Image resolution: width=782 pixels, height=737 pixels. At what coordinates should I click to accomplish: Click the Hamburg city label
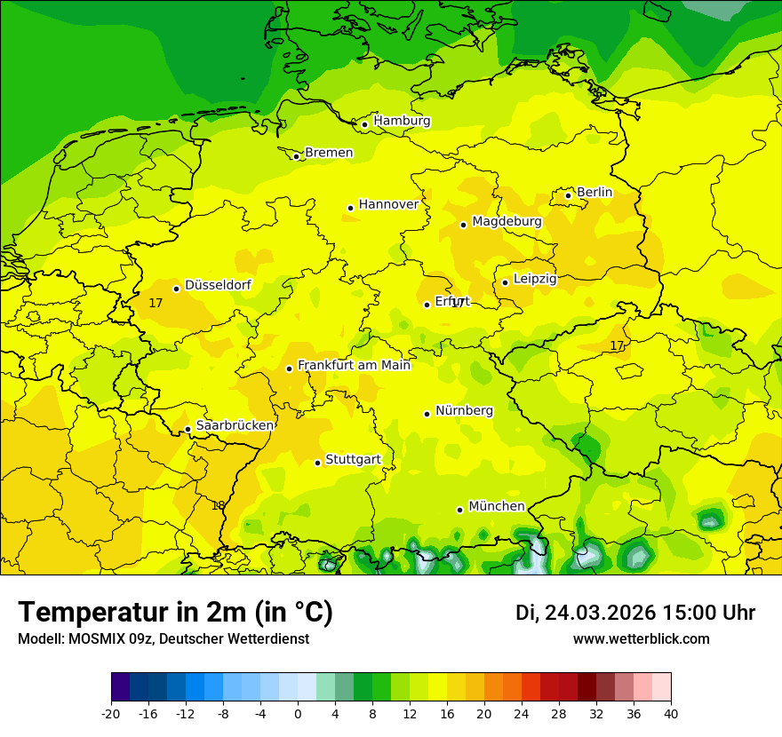[x=402, y=121]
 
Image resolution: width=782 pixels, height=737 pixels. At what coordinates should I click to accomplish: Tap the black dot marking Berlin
[x=569, y=195]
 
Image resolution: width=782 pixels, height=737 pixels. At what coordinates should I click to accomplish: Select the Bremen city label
[x=329, y=153]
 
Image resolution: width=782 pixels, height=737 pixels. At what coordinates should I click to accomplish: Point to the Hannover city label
[x=388, y=204]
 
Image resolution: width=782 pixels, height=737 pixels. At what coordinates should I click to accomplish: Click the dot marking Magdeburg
[x=464, y=225]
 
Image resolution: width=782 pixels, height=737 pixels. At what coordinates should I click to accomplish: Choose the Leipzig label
[x=535, y=279]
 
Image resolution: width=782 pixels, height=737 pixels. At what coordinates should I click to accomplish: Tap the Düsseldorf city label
[x=218, y=285]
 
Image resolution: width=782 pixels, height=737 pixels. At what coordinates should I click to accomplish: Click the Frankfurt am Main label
[x=354, y=365]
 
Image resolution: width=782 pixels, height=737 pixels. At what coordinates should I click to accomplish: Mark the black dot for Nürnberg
[x=427, y=414]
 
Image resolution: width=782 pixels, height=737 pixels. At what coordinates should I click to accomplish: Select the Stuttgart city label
[x=353, y=459]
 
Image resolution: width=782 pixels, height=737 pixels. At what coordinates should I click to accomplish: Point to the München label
[x=497, y=506]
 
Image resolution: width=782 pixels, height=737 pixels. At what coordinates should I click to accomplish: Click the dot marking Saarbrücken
[x=188, y=430]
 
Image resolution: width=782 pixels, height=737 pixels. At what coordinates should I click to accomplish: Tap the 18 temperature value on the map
[x=218, y=505]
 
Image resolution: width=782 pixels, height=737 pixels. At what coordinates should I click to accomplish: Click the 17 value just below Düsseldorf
[x=156, y=303]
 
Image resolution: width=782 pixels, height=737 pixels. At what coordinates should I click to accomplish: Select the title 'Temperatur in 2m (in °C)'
[x=175, y=613]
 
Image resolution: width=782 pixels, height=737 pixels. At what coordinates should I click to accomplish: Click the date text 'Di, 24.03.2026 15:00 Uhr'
[x=635, y=613]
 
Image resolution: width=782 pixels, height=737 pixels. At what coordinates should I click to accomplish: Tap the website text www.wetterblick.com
[x=641, y=638]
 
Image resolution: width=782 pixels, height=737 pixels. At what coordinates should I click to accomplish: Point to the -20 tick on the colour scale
[x=111, y=714]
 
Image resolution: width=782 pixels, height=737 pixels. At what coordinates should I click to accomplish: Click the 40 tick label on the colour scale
[x=670, y=714]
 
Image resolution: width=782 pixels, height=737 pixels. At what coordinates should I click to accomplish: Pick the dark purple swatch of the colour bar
[x=120, y=687]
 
